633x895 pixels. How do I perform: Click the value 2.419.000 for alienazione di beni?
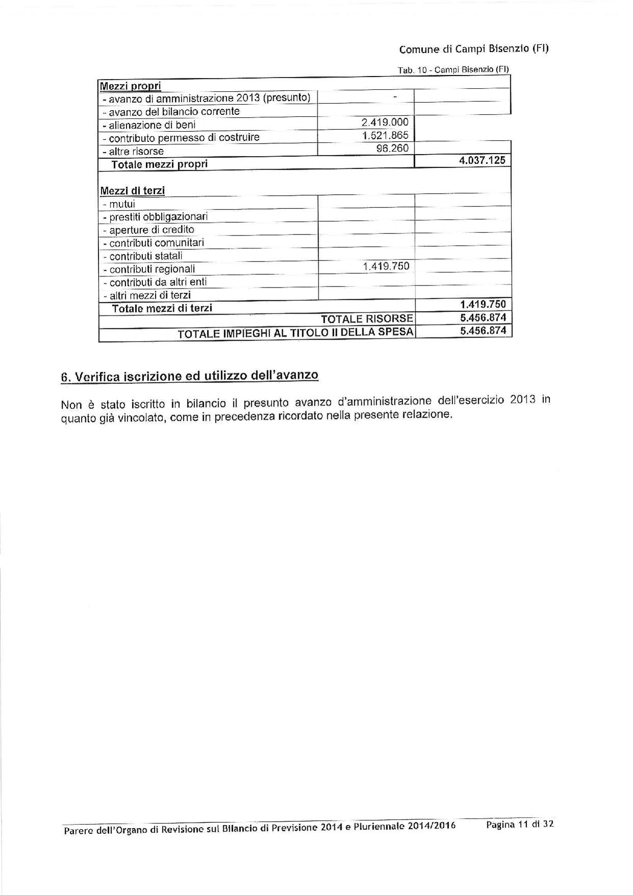(384, 123)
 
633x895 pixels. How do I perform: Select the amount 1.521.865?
(384, 136)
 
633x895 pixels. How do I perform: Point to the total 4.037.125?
(482, 160)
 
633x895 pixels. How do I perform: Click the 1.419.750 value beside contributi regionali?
(385, 266)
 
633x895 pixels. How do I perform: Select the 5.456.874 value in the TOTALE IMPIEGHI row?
(482, 331)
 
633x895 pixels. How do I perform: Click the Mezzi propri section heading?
(131, 86)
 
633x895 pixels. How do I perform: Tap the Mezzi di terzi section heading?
(132, 190)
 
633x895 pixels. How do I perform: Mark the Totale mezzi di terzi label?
(162, 308)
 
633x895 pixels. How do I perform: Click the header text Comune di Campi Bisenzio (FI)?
(474, 50)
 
